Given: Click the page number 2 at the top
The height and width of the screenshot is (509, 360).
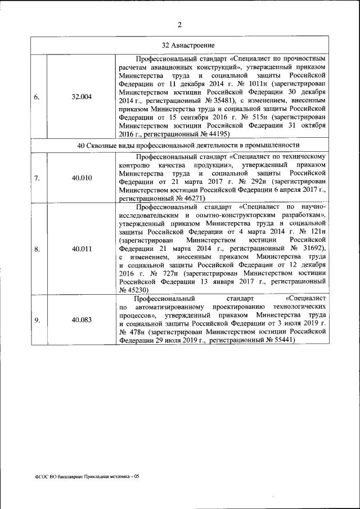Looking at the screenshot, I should pyautogui.click(x=179, y=24).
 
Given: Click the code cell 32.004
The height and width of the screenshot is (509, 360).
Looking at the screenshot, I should pyautogui.click(x=82, y=97).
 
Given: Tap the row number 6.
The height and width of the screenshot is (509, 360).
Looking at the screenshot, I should pyautogui.click(x=37, y=97).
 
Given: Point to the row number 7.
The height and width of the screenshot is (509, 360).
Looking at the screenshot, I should pyautogui.click(x=37, y=178).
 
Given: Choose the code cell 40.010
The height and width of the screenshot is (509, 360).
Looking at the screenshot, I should pyautogui.click(x=82, y=178).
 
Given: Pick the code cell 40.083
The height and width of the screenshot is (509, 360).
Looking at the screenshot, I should pyautogui.click(x=82, y=320).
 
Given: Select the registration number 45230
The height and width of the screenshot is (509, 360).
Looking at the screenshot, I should pyautogui.click(x=133, y=290).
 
